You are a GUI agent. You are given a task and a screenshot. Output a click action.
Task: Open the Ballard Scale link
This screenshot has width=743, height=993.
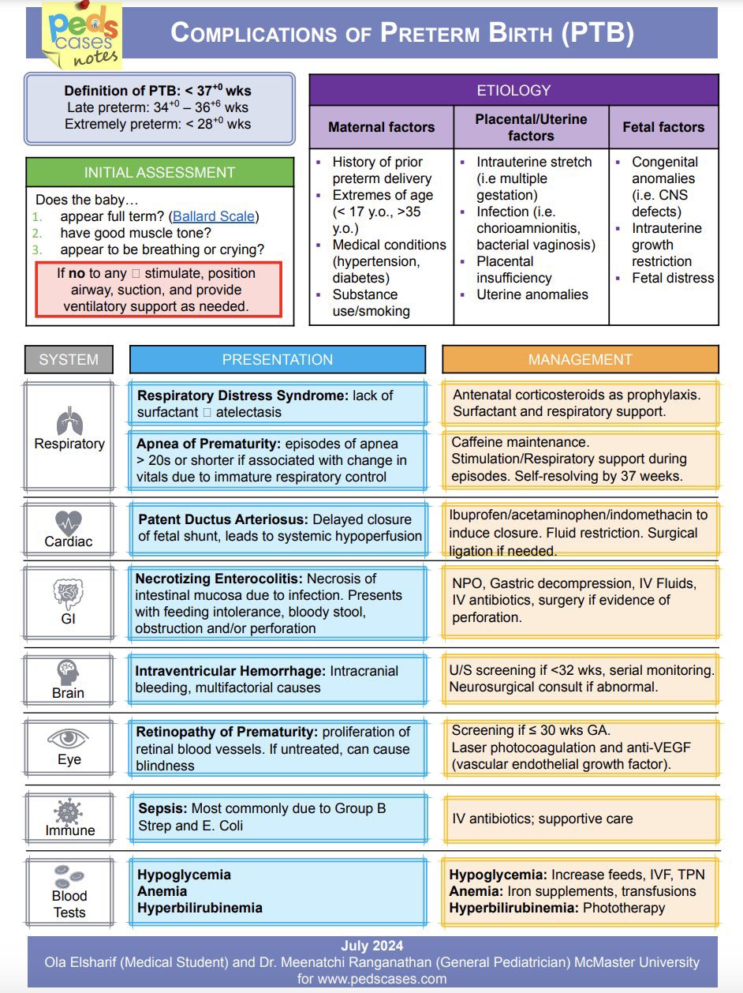point(215,216)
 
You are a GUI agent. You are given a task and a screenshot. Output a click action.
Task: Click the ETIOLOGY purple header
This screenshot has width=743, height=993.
point(513,91)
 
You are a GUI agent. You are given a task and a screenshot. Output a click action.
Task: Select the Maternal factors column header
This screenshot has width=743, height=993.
point(381,127)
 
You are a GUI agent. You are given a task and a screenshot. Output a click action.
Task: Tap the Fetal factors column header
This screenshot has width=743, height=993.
point(663,127)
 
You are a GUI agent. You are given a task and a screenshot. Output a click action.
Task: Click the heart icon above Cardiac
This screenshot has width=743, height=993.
point(69,523)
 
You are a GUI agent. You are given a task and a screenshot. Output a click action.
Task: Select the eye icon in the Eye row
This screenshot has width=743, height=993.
point(69,739)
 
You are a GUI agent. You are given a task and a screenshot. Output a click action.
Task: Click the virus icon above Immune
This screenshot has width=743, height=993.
point(69,811)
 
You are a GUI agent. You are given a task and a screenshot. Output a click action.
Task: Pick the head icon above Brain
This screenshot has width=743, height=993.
point(69,673)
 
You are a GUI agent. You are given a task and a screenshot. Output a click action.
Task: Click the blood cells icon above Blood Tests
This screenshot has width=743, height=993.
point(69,877)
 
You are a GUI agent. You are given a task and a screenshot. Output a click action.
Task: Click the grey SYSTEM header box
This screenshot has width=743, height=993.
point(69,360)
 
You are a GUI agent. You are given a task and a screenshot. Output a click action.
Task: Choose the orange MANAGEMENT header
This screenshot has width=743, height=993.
point(580,360)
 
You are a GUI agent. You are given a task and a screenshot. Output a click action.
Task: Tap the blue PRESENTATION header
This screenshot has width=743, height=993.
point(278,360)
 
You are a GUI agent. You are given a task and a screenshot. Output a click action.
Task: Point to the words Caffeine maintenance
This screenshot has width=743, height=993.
point(521,443)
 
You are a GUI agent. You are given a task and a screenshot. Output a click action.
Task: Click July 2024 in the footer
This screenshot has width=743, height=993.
point(371,946)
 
